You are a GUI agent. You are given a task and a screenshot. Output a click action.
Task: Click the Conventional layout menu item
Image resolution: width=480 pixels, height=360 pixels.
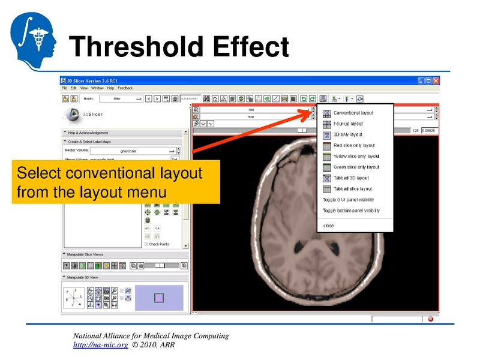353,113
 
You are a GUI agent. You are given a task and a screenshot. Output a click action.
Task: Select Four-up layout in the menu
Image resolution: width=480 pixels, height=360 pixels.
348,124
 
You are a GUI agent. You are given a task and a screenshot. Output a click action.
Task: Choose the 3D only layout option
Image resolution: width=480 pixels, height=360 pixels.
348,134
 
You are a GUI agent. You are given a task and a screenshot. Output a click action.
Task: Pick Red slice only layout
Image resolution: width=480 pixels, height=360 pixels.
354,145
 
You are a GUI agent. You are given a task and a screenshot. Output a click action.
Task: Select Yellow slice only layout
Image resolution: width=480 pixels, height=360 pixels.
356,156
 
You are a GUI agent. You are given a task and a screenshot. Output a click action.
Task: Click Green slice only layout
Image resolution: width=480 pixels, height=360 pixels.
356,167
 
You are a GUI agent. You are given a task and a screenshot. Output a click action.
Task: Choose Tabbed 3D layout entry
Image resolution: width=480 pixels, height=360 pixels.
351,178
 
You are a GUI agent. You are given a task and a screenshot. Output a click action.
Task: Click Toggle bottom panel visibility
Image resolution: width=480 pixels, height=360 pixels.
351,211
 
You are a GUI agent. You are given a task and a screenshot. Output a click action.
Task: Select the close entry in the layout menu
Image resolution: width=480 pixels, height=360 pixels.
329,226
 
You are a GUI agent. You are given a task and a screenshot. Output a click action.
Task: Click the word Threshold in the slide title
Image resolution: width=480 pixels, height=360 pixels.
130,46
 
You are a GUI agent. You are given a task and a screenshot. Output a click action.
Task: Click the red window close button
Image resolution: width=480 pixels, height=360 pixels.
436,80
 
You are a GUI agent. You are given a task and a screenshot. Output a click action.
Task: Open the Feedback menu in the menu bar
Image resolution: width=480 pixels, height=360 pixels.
125,88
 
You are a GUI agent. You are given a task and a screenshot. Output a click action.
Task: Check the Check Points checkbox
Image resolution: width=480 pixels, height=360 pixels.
146,244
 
